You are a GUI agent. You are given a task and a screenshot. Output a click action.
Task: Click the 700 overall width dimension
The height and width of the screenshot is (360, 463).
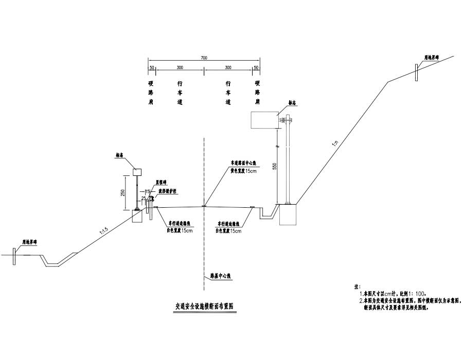204,59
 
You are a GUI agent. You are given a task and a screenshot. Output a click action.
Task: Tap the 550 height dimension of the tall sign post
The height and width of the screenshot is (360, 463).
274,167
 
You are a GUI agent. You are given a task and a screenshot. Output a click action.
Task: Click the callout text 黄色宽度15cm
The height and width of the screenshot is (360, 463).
244,171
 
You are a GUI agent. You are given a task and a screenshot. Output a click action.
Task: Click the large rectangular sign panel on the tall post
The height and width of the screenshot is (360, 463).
263,120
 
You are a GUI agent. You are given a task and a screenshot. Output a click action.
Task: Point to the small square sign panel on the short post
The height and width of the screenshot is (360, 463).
137,172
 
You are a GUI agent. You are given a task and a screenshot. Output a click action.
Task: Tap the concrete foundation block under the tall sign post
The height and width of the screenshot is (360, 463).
288,214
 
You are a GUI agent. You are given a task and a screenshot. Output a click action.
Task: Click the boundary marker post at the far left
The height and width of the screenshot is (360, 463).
15,255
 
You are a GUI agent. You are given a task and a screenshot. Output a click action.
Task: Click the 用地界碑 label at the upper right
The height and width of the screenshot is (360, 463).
431,58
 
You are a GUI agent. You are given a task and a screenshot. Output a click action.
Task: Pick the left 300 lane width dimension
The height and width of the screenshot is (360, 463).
180,68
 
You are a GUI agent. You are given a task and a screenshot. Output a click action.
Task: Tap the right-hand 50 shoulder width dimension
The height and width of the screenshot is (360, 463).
256,68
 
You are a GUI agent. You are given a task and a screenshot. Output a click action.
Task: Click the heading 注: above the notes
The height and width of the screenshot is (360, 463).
352,285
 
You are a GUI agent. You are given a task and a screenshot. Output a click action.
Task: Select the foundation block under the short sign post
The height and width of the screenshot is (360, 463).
138,216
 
